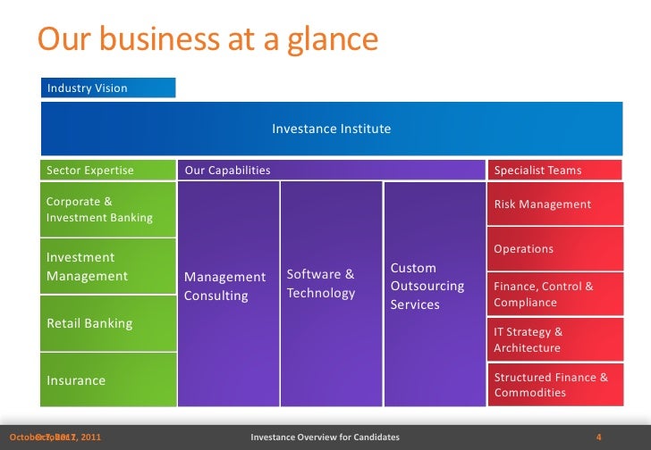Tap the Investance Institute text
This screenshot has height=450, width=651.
(x=331, y=129)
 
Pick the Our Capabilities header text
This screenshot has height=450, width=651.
(x=227, y=170)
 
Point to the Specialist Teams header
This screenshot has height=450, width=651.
(x=537, y=170)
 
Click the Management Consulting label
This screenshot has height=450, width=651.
(x=225, y=286)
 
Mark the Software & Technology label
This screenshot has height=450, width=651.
(x=320, y=283)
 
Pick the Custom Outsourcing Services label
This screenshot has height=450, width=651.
(x=427, y=286)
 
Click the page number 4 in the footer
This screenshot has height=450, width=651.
(x=598, y=437)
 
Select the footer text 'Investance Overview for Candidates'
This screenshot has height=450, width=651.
(x=325, y=437)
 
